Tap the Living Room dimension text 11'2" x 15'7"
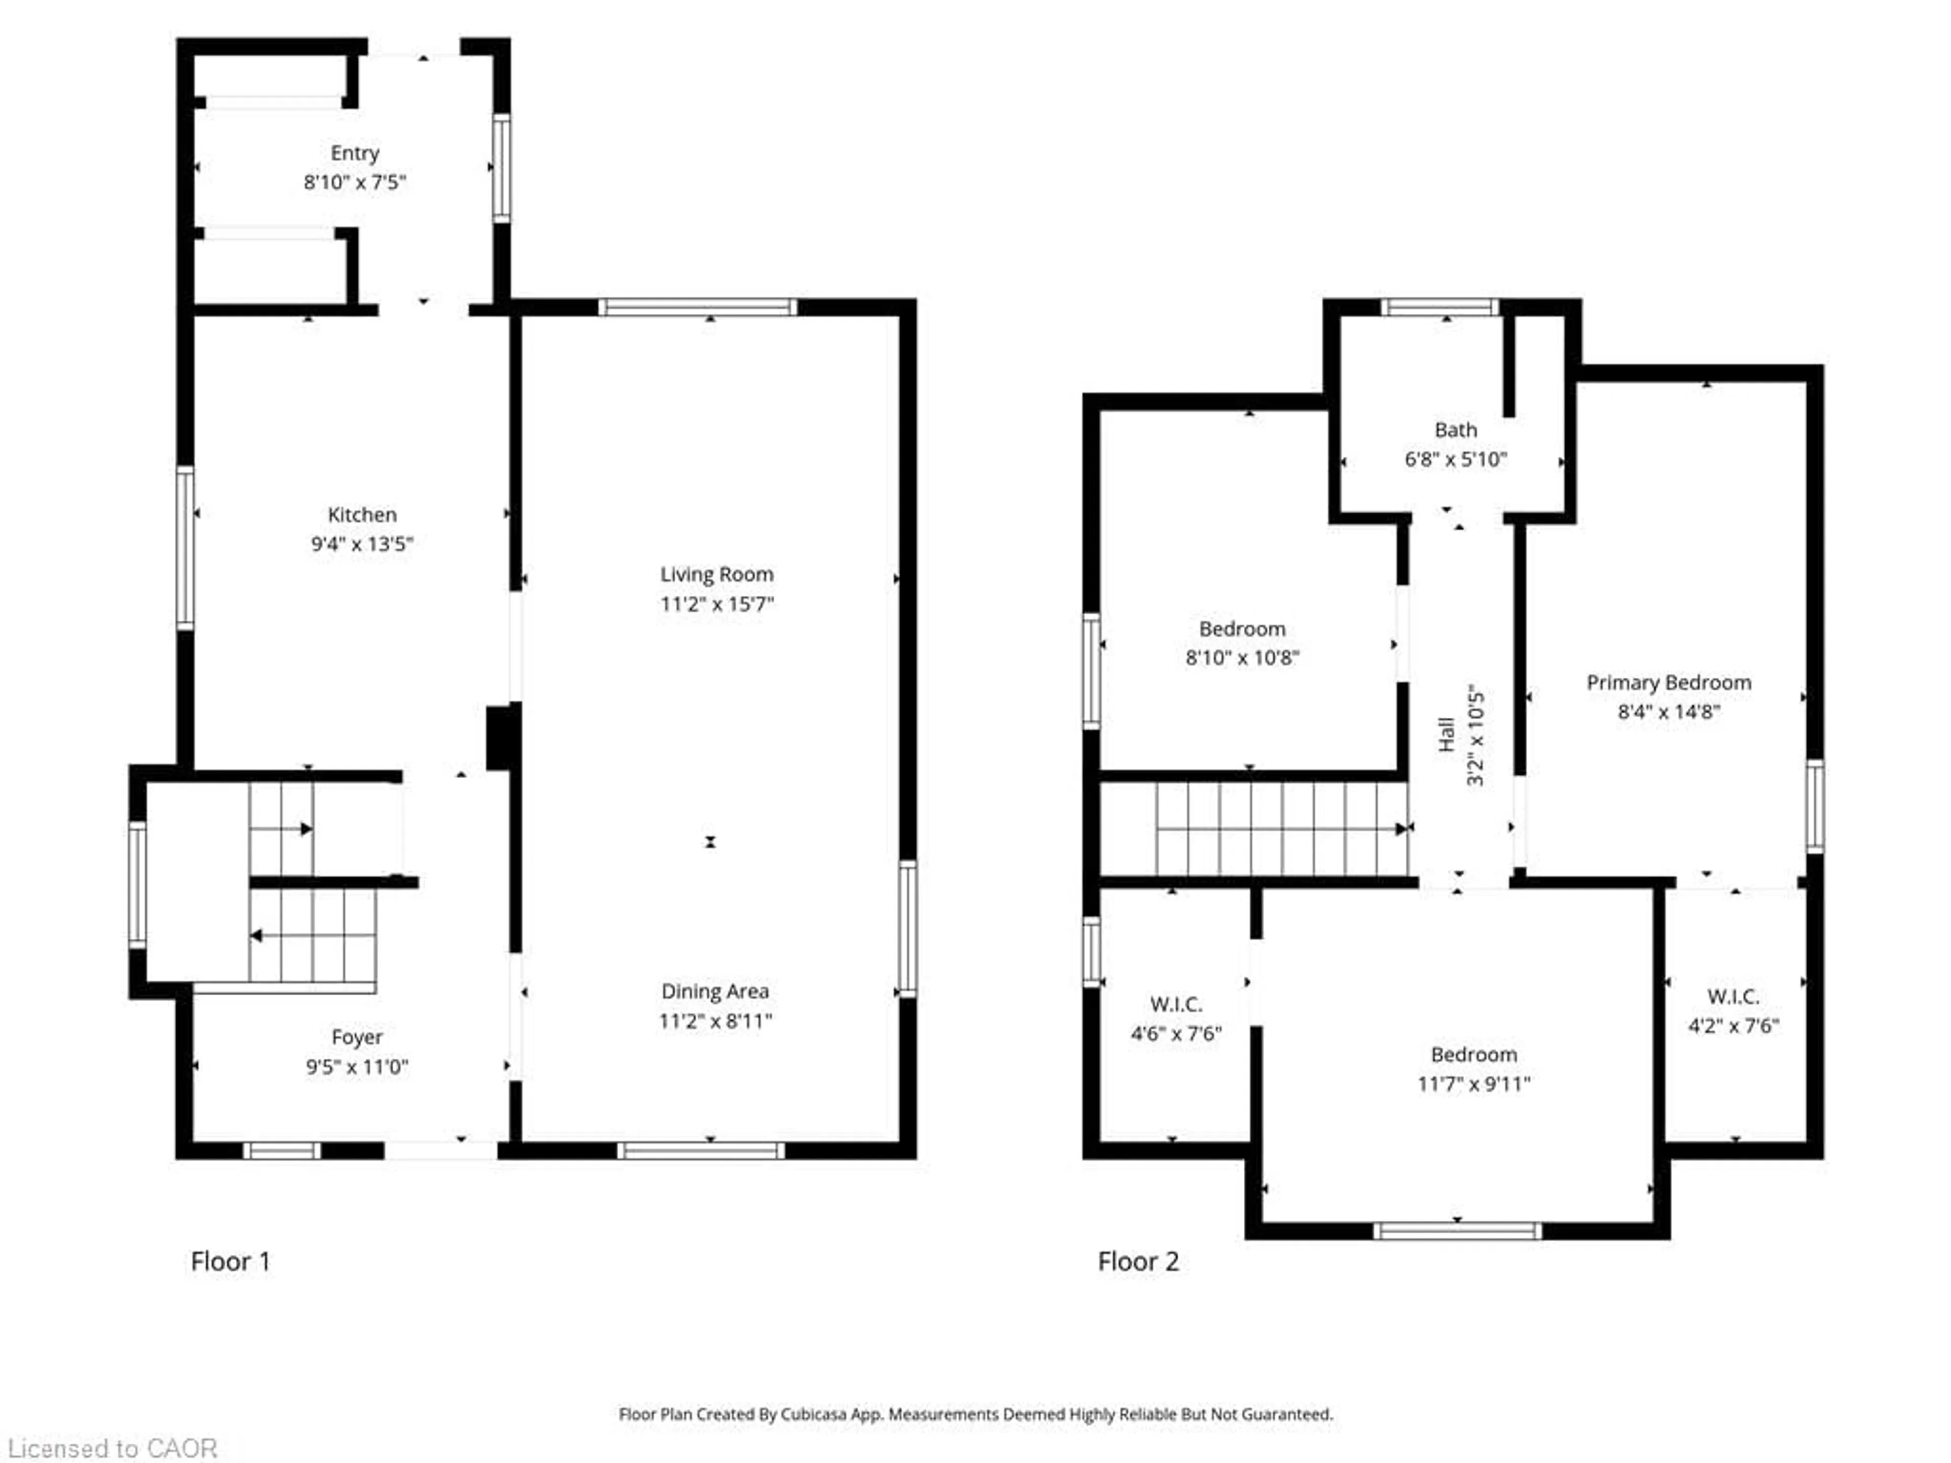click(717, 604)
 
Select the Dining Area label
click(715, 991)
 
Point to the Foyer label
click(357, 1038)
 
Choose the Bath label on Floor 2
click(1455, 430)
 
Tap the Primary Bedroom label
click(1669, 683)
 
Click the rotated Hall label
click(1446, 735)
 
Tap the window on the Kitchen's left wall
click(185, 549)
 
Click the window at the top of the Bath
click(1439, 307)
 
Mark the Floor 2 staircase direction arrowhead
click(1401, 829)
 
